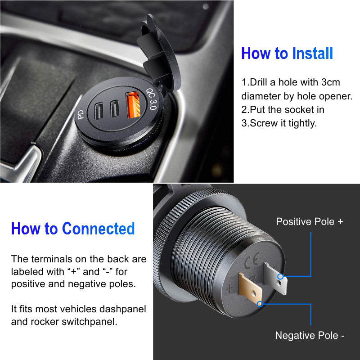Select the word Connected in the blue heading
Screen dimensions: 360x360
[x=98, y=229]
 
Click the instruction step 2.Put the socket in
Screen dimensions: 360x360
[x=283, y=109]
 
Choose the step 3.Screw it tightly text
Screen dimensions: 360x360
[x=279, y=123]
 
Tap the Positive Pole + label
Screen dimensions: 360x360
[x=309, y=221]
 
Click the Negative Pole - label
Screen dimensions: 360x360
[x=310, y=335]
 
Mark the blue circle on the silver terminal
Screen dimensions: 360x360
[x=280, y=276]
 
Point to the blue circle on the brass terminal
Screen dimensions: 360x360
[x=260, y=304]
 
